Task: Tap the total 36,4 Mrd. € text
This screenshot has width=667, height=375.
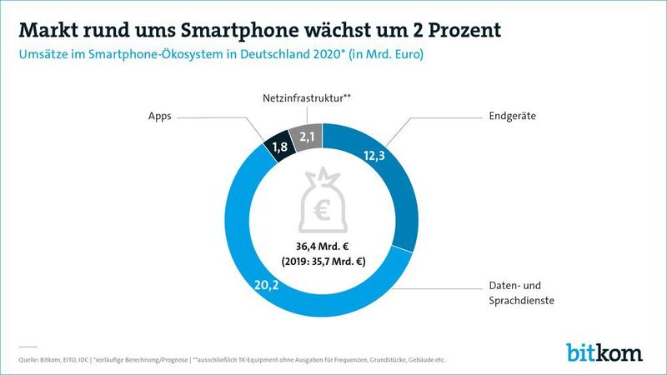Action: tap(322, 246)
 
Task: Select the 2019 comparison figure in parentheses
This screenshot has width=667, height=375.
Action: tap(322, 262)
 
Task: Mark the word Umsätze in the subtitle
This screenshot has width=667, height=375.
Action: tap(43, 56)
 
